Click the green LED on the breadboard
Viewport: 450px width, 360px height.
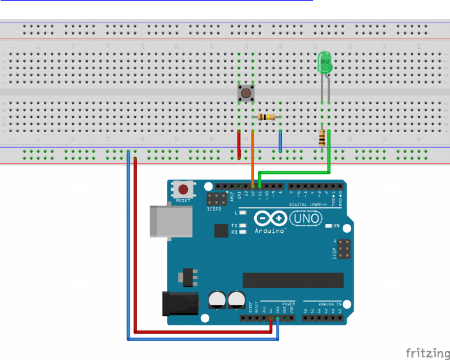pos(325,62)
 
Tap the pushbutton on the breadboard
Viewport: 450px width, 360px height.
pos(245,94)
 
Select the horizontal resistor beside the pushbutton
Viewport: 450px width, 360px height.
pos(266,117)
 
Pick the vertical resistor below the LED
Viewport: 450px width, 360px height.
pos(322,137)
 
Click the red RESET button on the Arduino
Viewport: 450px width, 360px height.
pos(184,190)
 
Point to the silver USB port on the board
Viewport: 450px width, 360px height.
pos(160,222)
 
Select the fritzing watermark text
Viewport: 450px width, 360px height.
pos(428,353)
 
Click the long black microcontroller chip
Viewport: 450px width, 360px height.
pos(293,280)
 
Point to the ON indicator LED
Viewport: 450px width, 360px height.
pos(329,226)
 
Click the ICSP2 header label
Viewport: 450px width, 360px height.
pos(214,209)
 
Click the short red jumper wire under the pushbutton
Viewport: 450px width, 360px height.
pos(239,144)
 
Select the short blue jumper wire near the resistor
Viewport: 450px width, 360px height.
pos(280,141)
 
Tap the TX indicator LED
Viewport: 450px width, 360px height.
pos(243,225)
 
